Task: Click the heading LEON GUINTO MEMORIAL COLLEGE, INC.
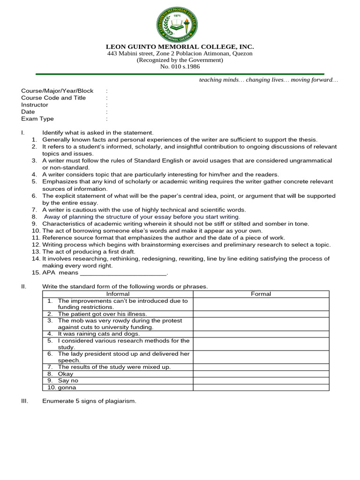180,47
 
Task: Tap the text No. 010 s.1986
180,67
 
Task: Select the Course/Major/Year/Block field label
57,91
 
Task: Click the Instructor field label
35,105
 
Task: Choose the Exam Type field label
37,119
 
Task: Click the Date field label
28,112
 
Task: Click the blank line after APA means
124,273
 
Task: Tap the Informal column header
117,294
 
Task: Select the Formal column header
261,294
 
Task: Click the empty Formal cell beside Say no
261,381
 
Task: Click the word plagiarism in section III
120,401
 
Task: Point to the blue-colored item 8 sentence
142,217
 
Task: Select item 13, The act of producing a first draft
89,252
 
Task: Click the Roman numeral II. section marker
23,286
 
